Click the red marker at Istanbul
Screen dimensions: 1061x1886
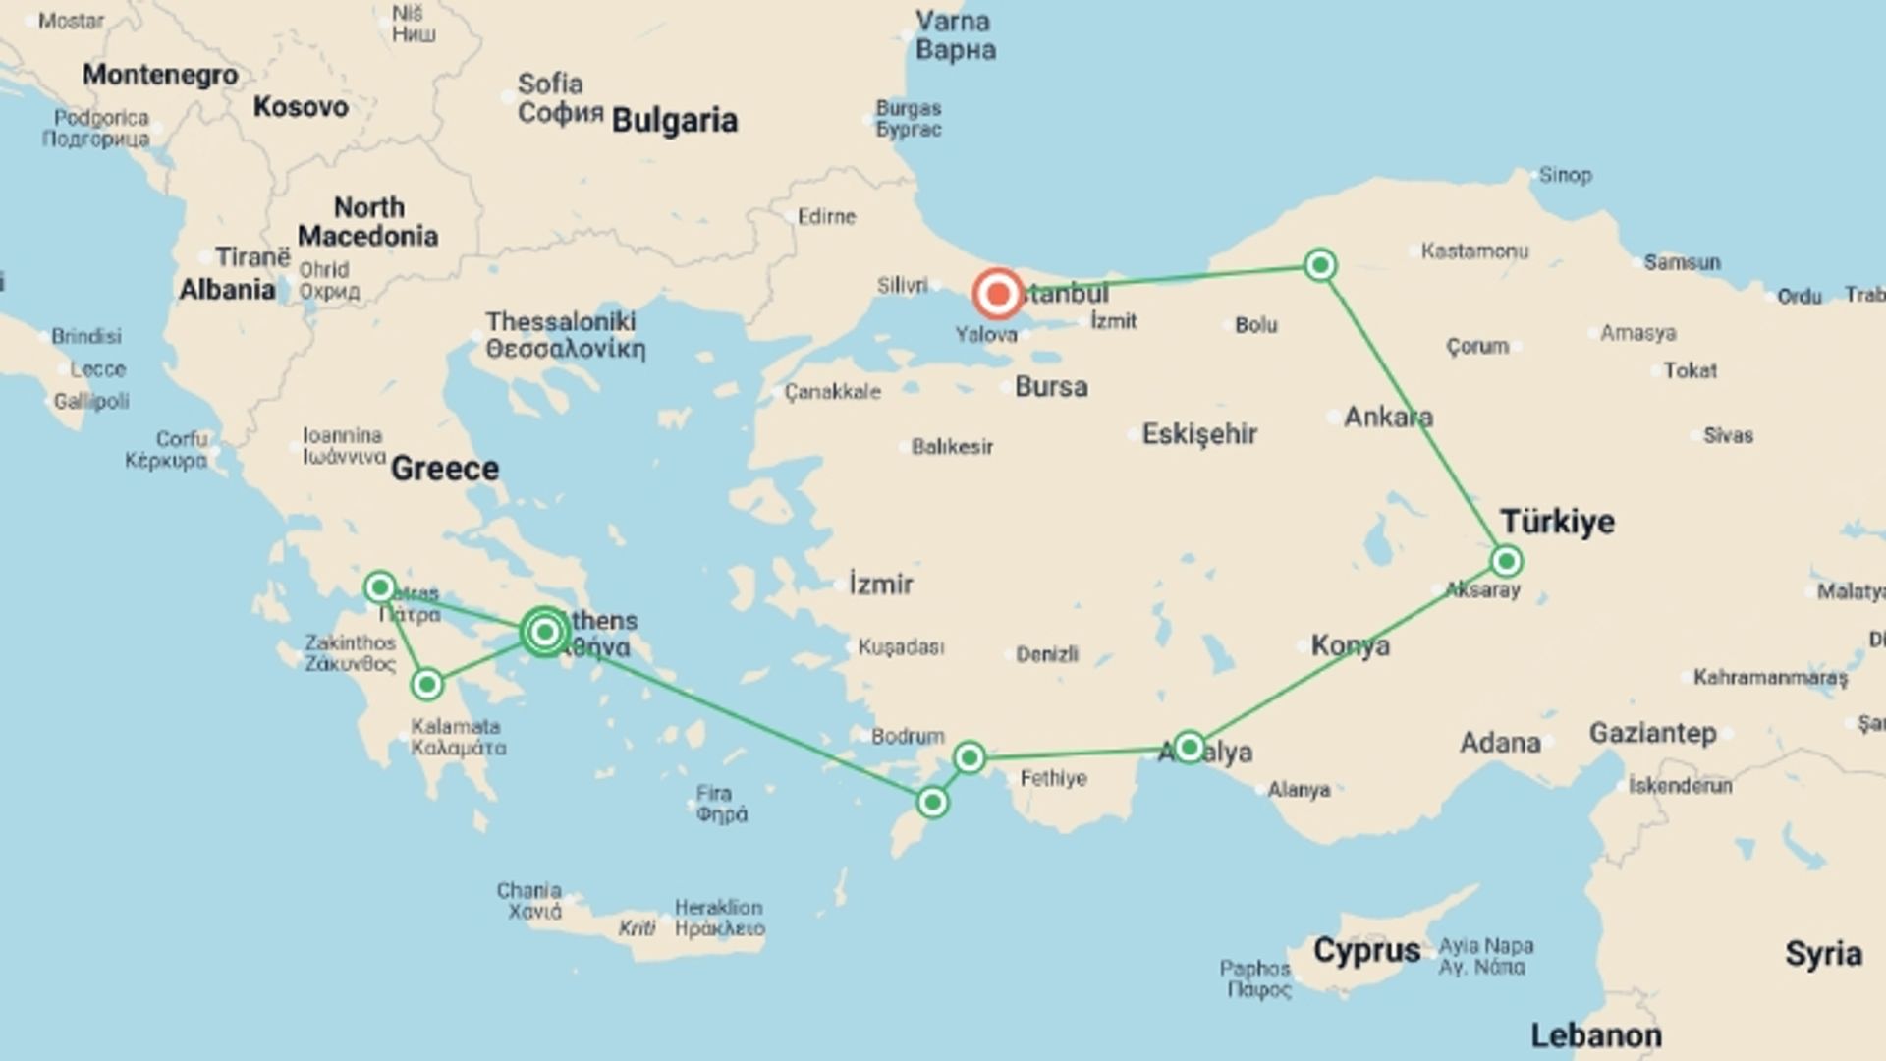[x=998, y=294]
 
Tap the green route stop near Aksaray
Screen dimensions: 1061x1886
[x=1506, y=561]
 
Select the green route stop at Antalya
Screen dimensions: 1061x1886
[x=1189, y=748]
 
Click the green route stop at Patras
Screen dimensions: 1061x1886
[x=380, y=587]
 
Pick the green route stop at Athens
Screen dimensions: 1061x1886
[x=544, y=632]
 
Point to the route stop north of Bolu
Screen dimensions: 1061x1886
[x=1320, y=265]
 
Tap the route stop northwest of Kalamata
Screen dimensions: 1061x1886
[x=427, y=684]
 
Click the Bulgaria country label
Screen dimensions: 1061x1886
[x=674, y=120]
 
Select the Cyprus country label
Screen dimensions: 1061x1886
[x=1366, y=950]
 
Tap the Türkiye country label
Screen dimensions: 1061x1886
[x=1557, y=522]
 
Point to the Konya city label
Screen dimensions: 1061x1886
[x=1350, y=645]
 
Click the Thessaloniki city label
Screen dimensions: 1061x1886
[x=561, y=322]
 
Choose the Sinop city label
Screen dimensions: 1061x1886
[x=1565, y=175]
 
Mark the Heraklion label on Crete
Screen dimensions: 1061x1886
[x=718, y=907]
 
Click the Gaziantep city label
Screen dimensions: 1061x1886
[x=1652, y=733]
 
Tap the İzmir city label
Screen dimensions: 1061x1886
[x=880, y=585]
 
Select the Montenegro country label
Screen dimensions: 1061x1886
[x=160, y=75]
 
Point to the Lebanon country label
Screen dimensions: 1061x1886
[x=1596, y=1034]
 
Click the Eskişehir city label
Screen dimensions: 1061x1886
[x=1199, y=434]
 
